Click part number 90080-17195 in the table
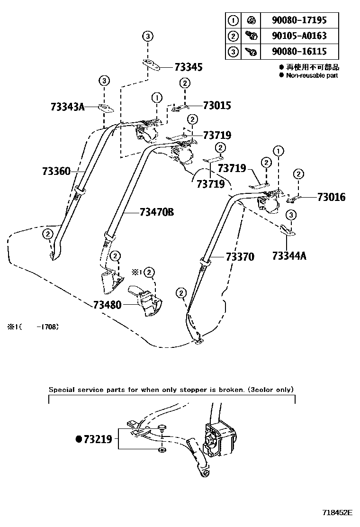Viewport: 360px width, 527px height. click(x=305, y=20)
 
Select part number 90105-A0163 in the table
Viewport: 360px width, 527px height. click(x=305, y=36)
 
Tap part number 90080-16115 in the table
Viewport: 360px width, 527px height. click(x=305, y=51)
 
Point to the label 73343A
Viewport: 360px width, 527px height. click(x=67, y=107)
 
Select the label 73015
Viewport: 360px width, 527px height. click(x=217, y=105)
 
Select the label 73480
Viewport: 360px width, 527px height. click(x=108, y=305)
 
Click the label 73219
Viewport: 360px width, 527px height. click(x=98, y=439)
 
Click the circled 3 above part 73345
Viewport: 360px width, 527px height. click(x=148, y=36)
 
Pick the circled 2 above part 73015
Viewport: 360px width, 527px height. click(x=185, y=83)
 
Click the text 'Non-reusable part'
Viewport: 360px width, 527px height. click(x=312, y=75)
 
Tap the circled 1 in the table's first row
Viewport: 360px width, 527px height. click(x=233, y=20)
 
